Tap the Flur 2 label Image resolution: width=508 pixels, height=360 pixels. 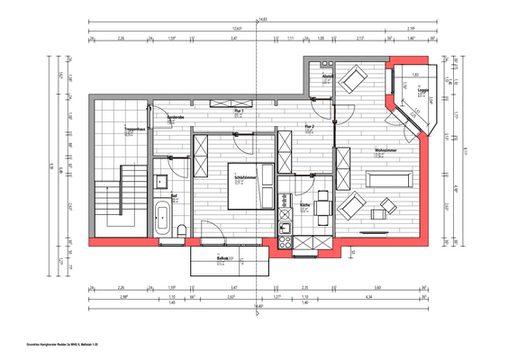(309, 125)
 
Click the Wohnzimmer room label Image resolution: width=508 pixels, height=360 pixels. (386, 150)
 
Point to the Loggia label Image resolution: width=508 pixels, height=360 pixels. (421, 90)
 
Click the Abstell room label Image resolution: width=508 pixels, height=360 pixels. (328, 76)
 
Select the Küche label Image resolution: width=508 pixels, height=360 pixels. (305, 206)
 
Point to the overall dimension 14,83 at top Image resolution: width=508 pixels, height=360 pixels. (262, 18)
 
